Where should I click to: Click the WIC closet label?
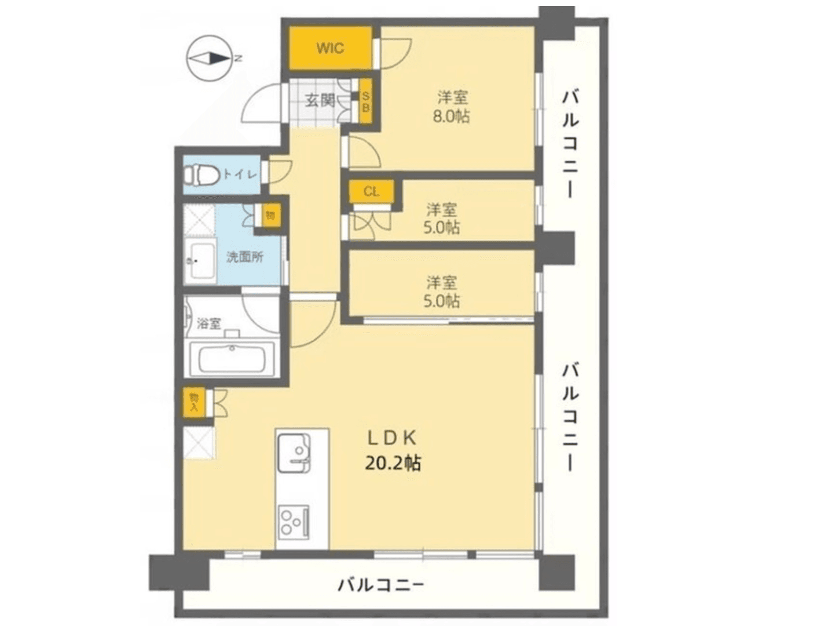[x=330, y=48]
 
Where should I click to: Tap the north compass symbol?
[x=210, y=58]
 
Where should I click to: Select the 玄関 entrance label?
[x=320, y=100]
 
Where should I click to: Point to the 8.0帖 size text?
[x=452, y=117]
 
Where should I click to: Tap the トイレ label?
[x=240, y=173]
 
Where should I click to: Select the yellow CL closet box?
[x=372, y=191]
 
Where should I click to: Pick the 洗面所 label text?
[x=244, y=257]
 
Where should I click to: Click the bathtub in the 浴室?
[x=232, y=358]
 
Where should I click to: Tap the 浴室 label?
[x=208, y=323]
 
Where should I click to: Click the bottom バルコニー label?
[x=381, y=584]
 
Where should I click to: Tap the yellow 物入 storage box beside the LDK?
[x=194, y=402]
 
